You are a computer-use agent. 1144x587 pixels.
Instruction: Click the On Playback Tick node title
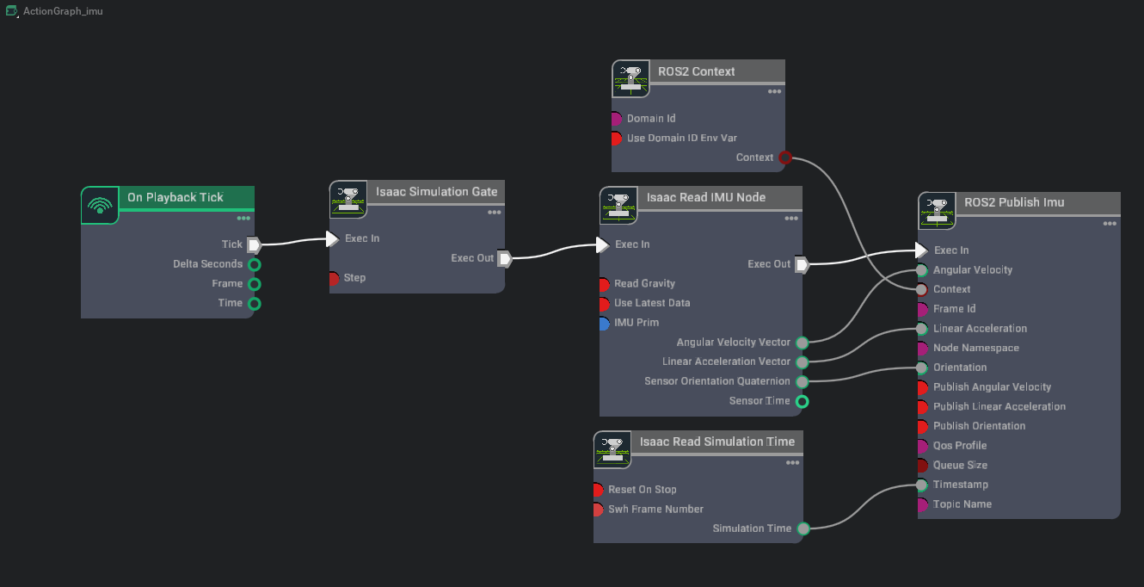175,197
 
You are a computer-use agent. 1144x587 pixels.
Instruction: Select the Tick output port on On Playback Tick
254,244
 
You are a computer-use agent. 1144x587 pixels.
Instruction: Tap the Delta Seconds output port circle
254,264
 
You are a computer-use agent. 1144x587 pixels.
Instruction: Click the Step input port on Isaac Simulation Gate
334,278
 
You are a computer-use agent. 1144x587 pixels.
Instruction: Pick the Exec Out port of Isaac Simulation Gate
505,258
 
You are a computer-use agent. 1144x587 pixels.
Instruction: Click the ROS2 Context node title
696,71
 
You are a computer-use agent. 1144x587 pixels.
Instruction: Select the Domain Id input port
616,119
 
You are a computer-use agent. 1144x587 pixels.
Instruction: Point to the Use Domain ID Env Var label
681,138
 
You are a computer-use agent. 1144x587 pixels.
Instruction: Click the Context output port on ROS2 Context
784,158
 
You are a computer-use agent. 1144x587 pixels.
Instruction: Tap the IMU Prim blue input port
604,323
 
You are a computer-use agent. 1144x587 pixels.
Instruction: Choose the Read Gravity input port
604,283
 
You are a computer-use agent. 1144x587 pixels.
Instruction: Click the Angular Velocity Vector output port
802,343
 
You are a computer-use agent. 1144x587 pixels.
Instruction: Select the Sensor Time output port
802,401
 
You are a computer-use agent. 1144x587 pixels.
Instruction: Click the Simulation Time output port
802,528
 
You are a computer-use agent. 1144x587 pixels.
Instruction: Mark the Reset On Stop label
642,489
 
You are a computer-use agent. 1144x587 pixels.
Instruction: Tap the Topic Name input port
922,504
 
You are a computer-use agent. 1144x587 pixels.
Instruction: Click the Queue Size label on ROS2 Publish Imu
960,465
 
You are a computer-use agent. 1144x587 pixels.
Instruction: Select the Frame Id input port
922,309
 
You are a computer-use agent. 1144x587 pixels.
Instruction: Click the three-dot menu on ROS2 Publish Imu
1110,224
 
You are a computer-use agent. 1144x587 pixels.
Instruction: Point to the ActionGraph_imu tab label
63,11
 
